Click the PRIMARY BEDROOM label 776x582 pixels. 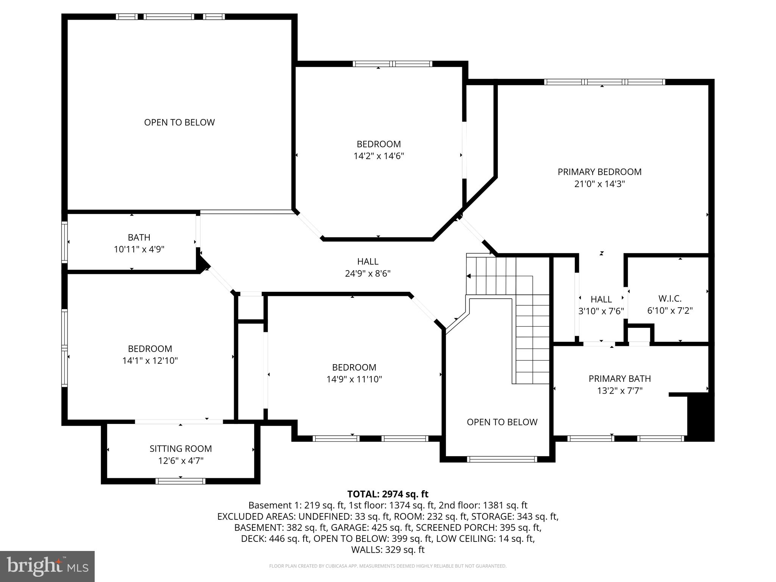tap(599, 172)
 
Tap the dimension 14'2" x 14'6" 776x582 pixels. tap(379, 156)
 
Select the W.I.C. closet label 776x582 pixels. tap(670, 299)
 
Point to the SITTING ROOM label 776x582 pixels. tap(180, 449)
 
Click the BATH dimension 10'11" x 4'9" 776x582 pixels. tap(139, 249)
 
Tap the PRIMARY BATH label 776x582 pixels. tap(620, 379)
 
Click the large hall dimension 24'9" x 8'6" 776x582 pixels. tap(368, 273)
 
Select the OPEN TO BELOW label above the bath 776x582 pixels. tap(179, 122)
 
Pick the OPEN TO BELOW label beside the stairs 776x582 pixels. tap(502, 422)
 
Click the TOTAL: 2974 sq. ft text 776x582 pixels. tap(388, 494)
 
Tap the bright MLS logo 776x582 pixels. tap(47, 566)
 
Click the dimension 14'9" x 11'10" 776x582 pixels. tap(354, 379)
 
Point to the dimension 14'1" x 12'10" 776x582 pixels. tap(150, 361)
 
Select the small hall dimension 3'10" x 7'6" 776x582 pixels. tap(601, 311)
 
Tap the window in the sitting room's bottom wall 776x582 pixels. tap(180, 481)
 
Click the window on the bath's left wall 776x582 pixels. tap(65, 242)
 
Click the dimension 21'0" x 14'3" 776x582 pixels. tap(599, 184)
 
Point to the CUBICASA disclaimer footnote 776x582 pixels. tap(388, 566)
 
